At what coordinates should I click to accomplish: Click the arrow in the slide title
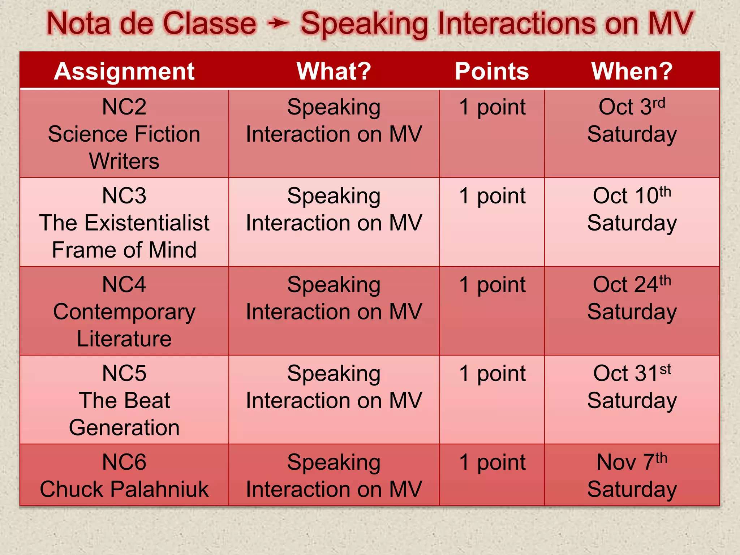click(x=278, y=24)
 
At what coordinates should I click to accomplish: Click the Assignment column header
click(x=124, y=71)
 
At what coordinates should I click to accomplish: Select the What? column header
click(x=334, y=71)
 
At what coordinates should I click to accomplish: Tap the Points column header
click(x=492, y=71)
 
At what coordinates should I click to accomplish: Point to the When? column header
click(x=632, y=71)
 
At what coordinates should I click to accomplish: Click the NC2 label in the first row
click(x=124, y=107)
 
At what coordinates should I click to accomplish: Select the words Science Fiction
click(x=124, y=134)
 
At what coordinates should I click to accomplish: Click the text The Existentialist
click(x=124, y=223)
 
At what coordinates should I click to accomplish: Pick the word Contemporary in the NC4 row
click(x=124, y=312)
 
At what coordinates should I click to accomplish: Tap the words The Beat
click(x=124, y=400)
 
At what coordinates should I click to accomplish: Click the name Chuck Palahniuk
click(x=124, y=489)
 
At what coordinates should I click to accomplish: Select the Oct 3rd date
click(x=632, y=107)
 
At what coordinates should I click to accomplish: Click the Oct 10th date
click(x=632, y=195)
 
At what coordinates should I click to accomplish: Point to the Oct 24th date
click(x=632, y=284)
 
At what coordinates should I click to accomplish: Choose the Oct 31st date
click(x=632, y=373)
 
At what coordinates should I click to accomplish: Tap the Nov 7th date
click(x=632, y=462)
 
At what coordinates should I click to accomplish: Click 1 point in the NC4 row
click(x=492, y=285)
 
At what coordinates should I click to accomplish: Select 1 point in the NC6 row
click(x=492, y=462)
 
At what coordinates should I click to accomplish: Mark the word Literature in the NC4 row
click(x=124, y=339)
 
